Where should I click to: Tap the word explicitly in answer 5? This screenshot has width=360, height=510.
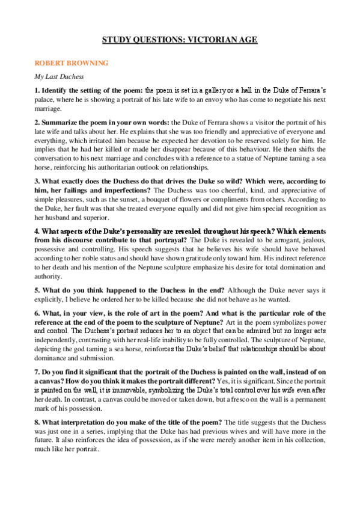(x=50, y=299)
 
